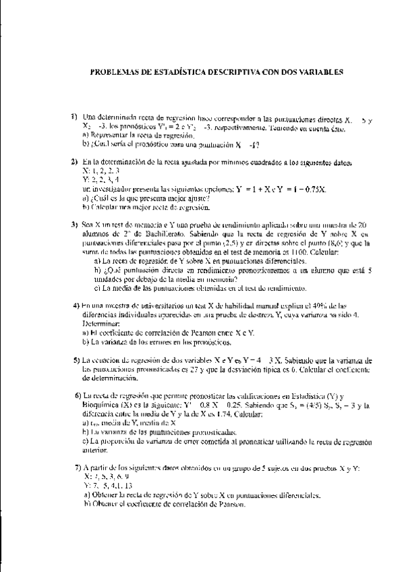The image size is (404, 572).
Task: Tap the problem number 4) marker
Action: [x=76, y=305]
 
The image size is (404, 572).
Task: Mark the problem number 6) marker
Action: [x=78, y=393]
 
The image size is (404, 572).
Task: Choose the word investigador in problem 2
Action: [x=114, y=190]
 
